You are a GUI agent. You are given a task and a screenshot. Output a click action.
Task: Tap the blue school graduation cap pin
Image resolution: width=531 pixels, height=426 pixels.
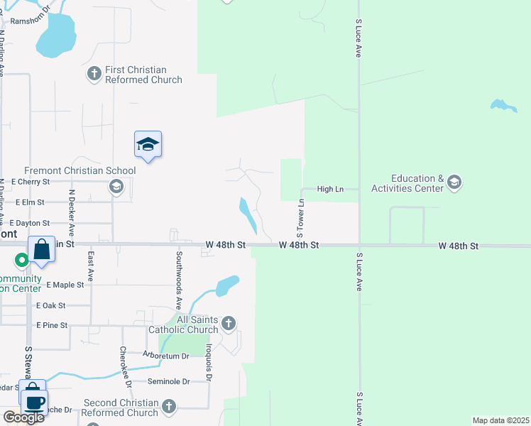point(148,145)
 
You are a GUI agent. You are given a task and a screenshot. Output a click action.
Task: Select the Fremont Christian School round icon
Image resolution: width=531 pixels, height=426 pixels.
point(115,187)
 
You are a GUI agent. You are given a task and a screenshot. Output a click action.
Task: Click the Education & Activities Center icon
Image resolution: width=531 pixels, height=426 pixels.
point(454,183)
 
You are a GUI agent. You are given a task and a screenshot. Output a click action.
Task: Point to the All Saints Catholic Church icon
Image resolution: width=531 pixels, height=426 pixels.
point(228,324)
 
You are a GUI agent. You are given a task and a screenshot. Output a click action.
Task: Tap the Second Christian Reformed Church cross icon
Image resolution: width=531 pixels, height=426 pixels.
point(168,407)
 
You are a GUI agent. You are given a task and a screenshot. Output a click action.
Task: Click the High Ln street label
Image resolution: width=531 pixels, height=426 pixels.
point(329,189)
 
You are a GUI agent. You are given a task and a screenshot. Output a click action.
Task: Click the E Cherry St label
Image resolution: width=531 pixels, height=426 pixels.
point(31,182)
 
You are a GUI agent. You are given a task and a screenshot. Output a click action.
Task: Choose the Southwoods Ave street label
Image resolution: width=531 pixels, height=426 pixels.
point(179,274)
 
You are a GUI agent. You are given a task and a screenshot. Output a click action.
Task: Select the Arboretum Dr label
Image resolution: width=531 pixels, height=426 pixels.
point(165,356)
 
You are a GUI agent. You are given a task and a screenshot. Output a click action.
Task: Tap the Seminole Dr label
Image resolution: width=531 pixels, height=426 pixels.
point(168,381)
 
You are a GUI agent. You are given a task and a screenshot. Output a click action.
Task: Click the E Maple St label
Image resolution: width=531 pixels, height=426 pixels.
point(65,285)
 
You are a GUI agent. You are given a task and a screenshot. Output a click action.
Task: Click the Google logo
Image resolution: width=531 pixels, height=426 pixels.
point(23,417)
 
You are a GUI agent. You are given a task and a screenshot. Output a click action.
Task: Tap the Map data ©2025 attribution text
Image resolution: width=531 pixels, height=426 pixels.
point(501,420)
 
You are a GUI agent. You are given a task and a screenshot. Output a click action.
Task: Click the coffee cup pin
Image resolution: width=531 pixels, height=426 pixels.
point(34,402)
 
